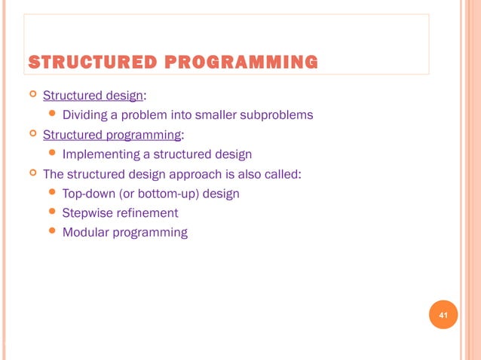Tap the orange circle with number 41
click(443, 315)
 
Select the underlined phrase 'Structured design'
click(93, 96)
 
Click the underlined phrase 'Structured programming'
click(112, 135)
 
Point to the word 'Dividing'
click(85, 115)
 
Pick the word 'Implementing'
click(98, 154)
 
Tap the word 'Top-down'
click(87, 194)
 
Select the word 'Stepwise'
click(86, 213)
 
